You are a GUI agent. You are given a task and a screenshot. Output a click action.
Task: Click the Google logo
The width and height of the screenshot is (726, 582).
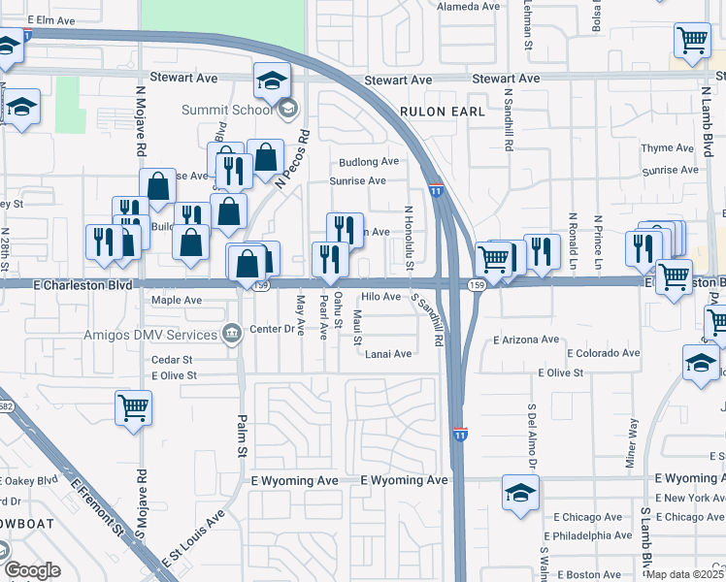coord(33,570)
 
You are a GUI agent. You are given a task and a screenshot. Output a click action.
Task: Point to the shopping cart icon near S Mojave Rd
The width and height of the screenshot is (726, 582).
coord(133,407)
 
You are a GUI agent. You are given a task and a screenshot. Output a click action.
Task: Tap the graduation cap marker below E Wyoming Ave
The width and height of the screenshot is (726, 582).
coord(520,493)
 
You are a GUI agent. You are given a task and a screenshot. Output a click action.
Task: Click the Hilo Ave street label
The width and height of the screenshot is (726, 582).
coord(380,297)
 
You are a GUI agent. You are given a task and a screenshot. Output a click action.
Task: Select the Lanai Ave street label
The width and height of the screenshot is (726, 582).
coord(389,354)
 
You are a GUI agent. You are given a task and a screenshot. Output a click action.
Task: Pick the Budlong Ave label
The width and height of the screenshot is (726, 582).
coord(369,162)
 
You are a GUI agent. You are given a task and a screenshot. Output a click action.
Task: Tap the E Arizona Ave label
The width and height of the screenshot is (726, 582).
coord(526,340)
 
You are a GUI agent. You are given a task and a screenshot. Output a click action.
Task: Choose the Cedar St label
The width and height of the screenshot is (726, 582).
coord(173,359)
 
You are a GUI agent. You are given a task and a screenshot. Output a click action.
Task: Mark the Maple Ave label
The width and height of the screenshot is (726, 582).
coord(177,301)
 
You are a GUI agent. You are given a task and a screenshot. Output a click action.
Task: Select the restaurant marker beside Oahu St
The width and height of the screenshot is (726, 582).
coord(330,259)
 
